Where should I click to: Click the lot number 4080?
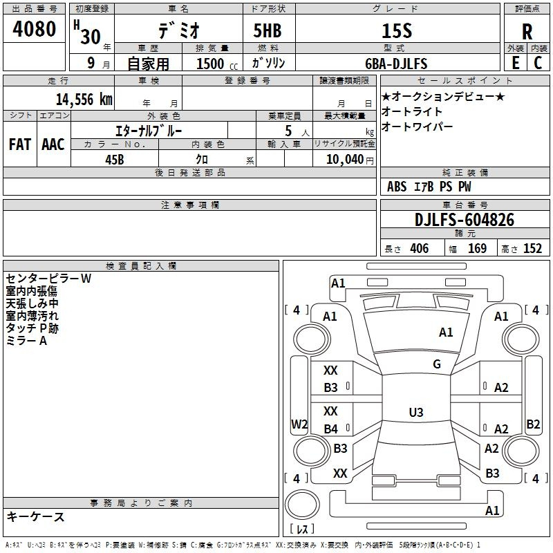tap(34, 28)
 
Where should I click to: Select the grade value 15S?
tap(397, 30)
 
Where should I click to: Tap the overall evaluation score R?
tap(527, 32)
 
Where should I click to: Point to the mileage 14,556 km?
tap(84, 100)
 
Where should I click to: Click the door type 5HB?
tap(268, 30)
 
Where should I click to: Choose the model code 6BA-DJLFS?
tap(396, 64)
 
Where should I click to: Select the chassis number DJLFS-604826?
tap(465, 220)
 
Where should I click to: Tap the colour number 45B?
tap(115, 160)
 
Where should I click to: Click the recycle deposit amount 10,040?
tap(345, 160)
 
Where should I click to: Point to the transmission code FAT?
tap(20, 144)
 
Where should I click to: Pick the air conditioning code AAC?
tap(53, 144)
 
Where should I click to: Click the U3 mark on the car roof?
tap(416, 412)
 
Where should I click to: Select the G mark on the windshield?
tap(437, 364)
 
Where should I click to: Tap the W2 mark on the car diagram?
tap(299, 424)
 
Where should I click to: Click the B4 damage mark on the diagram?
tap(331, 429)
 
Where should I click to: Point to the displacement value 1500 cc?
tap(217, 64)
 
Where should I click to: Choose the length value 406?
tap(420, 249)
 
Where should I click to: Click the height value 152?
tap(532, 249)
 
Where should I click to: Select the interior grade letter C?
tap(538, 63)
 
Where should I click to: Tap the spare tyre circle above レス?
tap(302, 505)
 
